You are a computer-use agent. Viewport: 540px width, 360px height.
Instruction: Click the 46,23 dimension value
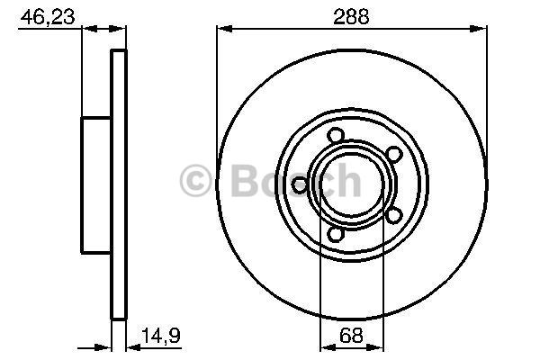[x=48, y=16]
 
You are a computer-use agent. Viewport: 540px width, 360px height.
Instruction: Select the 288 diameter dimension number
[x=351, y=16]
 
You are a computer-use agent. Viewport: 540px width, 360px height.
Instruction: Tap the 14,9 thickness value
[x=161, y=335]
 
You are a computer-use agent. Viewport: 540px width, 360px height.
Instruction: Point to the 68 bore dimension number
[x=351, y=335]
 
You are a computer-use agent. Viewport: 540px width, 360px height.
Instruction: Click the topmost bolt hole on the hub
[x=336, y=135]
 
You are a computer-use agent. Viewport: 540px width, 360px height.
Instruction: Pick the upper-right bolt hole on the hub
[x=393, y=154]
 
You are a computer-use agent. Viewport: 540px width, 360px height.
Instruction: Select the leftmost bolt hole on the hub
[x=300, y=185]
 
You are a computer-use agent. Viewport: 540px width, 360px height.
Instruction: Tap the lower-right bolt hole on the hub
[x=393, y=216]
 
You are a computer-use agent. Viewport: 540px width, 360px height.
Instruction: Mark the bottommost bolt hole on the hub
[x=336, y=234]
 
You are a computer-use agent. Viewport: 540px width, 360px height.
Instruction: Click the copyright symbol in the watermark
[x=195, y=181]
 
